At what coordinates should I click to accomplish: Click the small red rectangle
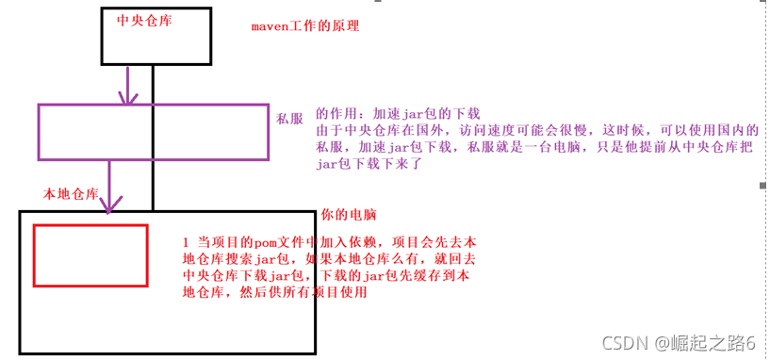click(x=90, y=254)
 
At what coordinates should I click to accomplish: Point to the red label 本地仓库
click(x=71, y=194)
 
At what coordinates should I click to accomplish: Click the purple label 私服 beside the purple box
click(x=289, y=120)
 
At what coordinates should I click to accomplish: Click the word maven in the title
click(x=270, y=25)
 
